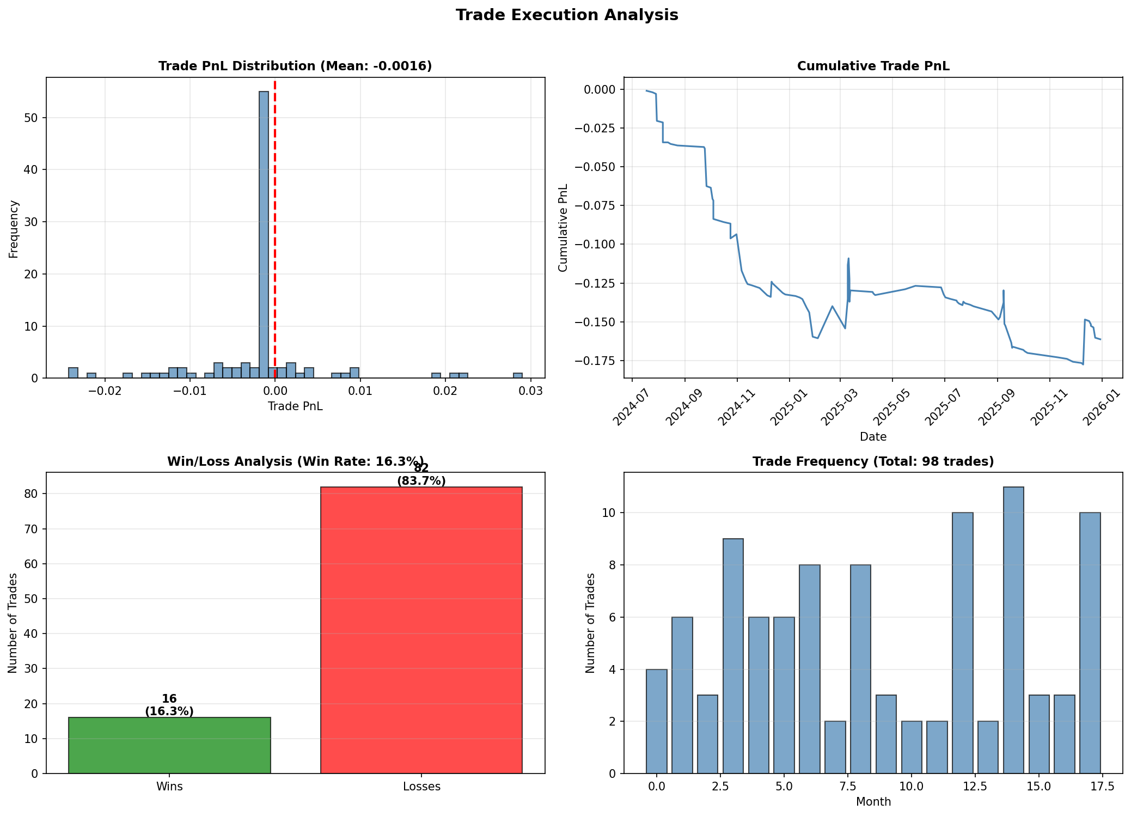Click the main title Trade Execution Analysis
pos(566,15)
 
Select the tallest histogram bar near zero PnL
pos(264,234)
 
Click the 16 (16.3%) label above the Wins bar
pos(169,705)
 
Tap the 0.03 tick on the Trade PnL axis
pos(530,391)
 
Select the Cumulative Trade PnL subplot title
pos(873,66)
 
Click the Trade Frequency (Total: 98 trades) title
pos(873,462)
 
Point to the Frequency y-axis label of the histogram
pos(14,229)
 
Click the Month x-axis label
pos(873,801)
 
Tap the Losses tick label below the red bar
pos(421,787)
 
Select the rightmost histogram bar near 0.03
pos(517,375)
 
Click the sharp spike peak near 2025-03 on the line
pos(848,259)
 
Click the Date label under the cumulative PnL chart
pos(873,436)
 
